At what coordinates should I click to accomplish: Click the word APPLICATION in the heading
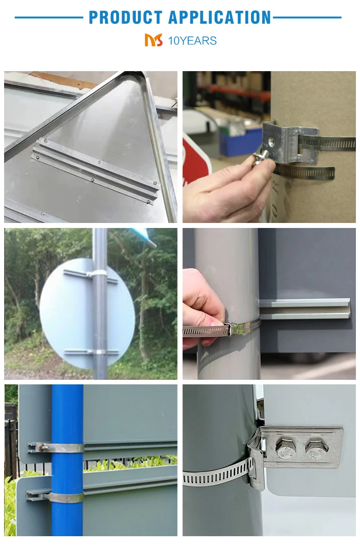pyautogui.click(x=220, y=17)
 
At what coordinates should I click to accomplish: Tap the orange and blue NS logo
pyautogui.click(x=154, y=40)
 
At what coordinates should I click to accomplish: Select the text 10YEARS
pyautogui.click(x=192, y=41)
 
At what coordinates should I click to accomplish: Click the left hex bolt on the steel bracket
pyautogui.click(x=286, y=448)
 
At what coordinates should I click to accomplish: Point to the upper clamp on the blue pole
pyautogui.click(x=67, y=448)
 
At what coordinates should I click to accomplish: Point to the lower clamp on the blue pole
pyautogui.click(x=67, y=497)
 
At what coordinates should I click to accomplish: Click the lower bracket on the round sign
pyautogui.click(x=91, y=352)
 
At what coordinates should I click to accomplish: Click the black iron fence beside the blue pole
pyautogui.click(x=11, y=447)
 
